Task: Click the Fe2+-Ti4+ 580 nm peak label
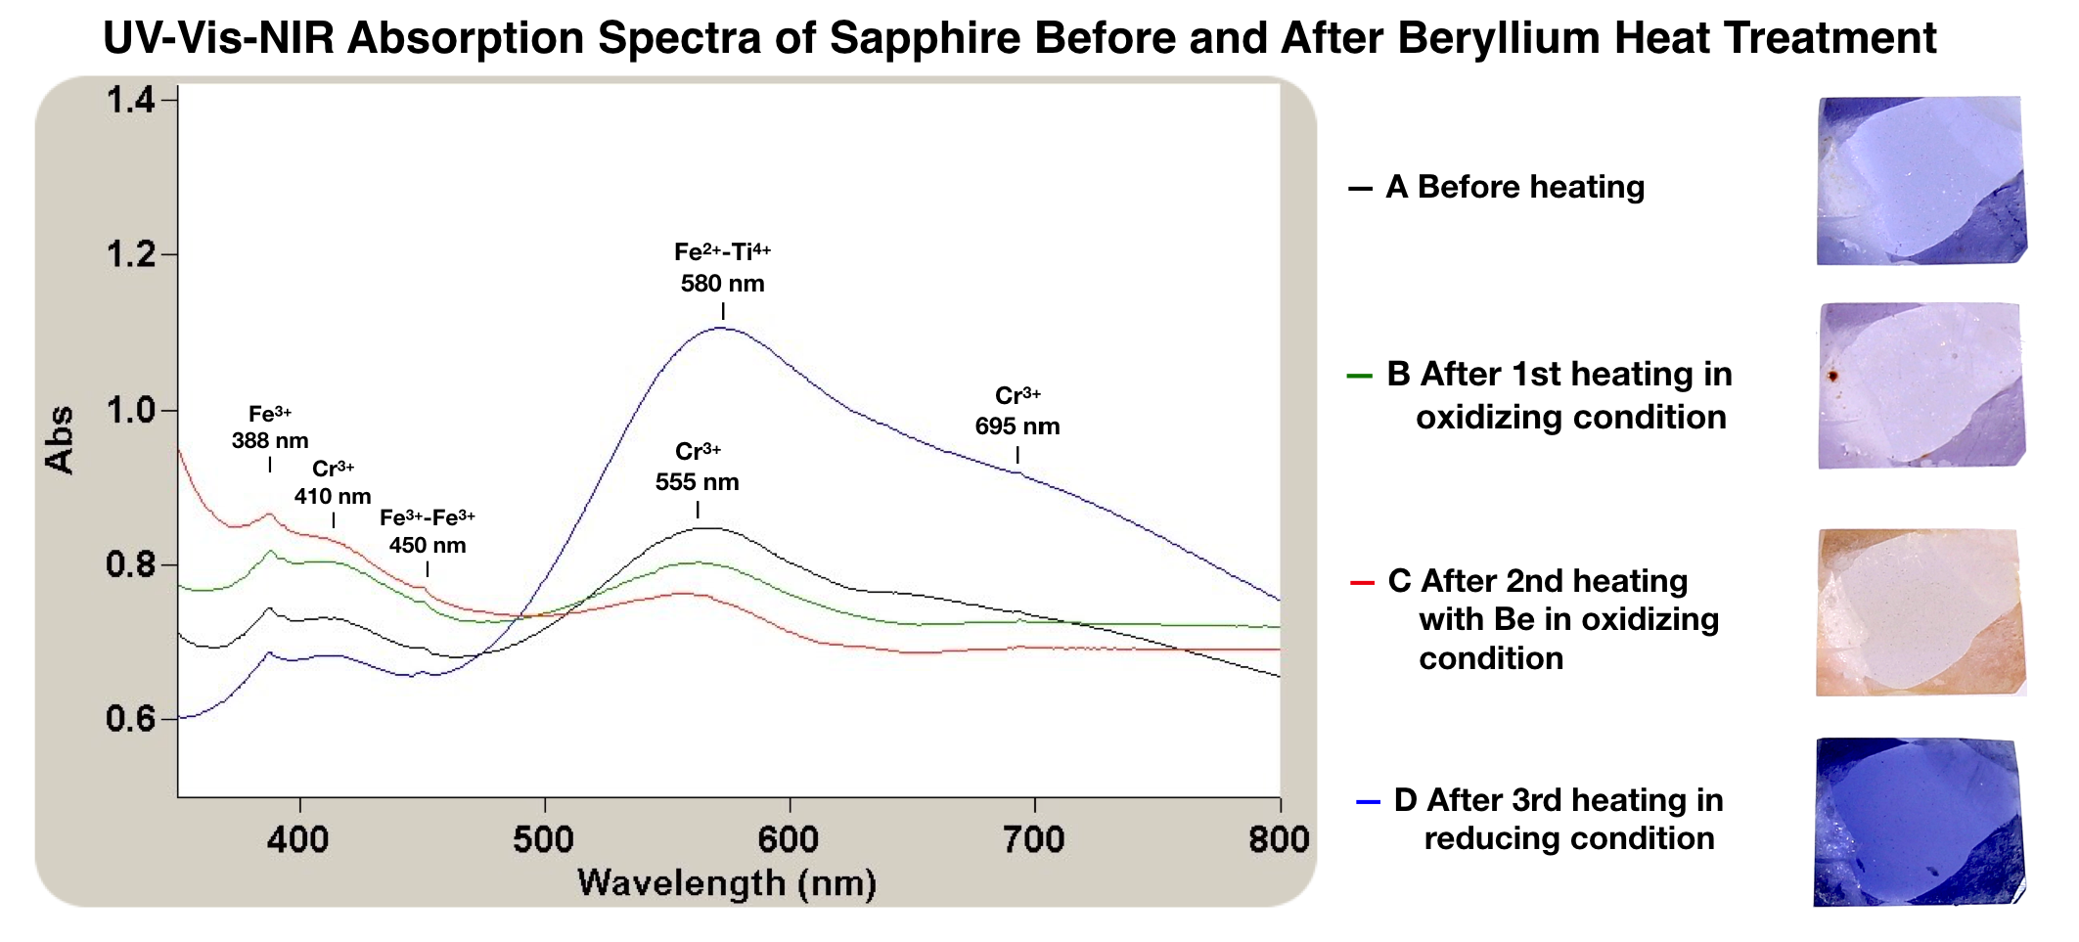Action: [x=723, y=268]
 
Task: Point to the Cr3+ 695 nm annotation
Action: [x=1017, y=412]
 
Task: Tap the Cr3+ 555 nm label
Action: [x=698, y=468]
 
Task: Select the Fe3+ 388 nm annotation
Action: [x=270, y=427]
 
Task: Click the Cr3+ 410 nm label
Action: [x=333, y=482]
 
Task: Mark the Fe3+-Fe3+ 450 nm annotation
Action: [x=428, y=531]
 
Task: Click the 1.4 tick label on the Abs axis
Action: [x=130, y=100]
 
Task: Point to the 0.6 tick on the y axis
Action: [x=130, y=720]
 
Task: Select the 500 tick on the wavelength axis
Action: [x=544, y=839]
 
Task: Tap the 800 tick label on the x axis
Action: [x=1279, y=839]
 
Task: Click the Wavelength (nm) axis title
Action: [x=727, y=883]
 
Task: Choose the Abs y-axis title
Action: [x=61, y=439]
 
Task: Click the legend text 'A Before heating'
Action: [x=1515, y=187]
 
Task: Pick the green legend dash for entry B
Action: [x=1360, y=376]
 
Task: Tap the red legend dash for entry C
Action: [x=1362, y=583]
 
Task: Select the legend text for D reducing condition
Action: [x=1559, y=819]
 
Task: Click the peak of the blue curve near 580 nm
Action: [x=721, y=329]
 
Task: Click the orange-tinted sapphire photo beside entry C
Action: [x=1920, y=612]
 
